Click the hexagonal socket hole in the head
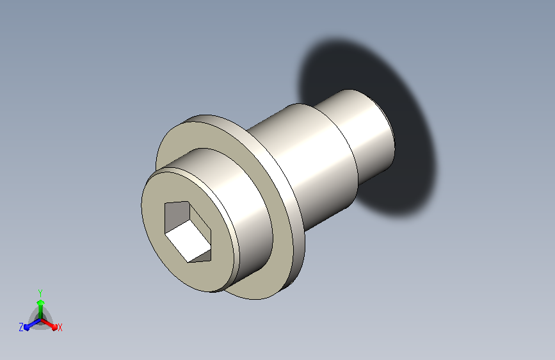pyautogui.click(x=188, y=232)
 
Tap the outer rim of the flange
pyautogui.click(x=296, y=220)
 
